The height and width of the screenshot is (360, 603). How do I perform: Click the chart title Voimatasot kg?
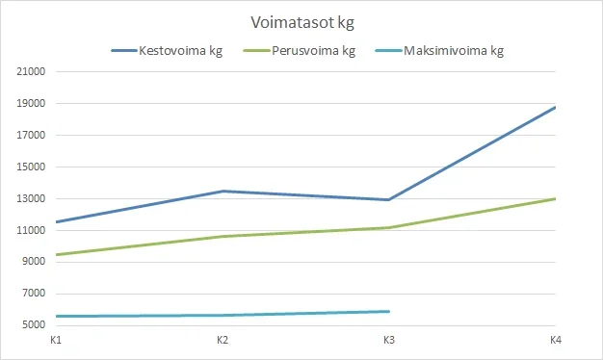click(x=301, y=20)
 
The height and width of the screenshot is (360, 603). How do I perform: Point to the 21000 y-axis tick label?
click(x=32, y=72)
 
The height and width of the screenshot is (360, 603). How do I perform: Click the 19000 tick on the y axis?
click(x=32, y=104)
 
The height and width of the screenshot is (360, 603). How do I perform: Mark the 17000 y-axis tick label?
click(x=32, y=136)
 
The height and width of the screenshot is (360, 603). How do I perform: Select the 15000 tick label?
click(x=32, y=167)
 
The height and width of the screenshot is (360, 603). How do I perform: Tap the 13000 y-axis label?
click(x=32, y=199)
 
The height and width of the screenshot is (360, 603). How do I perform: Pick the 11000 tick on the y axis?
click(x=32, y=231)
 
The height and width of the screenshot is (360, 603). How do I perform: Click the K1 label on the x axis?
click(x=56, y=341)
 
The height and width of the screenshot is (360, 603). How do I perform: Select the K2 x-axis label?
click(x=223, y=341)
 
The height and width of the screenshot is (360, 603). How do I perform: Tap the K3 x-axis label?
click(x=389, y=341)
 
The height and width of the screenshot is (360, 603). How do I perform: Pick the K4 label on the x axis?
click(x=556, y=341)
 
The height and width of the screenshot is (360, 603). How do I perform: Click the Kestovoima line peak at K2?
click(x=223, y=192)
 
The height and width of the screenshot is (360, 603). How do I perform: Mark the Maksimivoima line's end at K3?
click(x=389, y=312)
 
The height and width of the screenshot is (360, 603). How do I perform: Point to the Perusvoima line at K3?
click(x=389, y=228)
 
